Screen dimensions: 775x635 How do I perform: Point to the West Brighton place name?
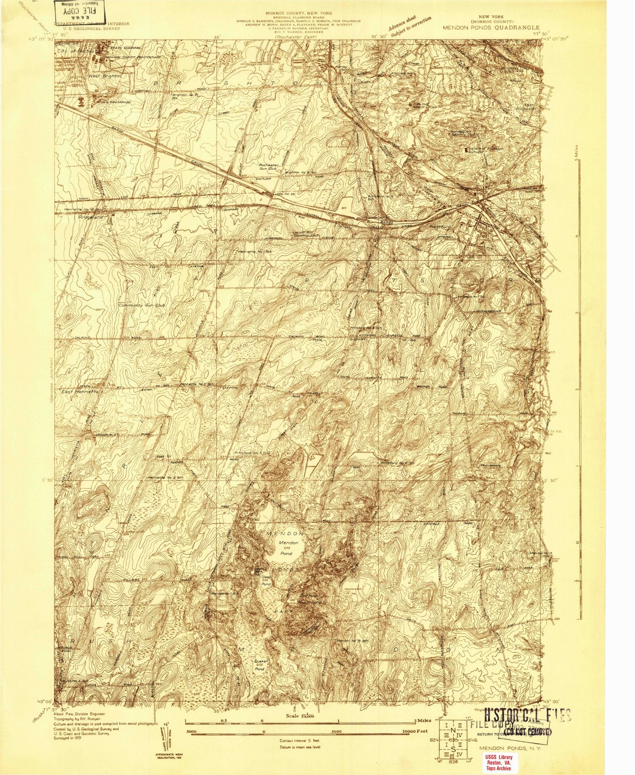coord(105,76)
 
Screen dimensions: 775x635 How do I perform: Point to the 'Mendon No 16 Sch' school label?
coord(352,641)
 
